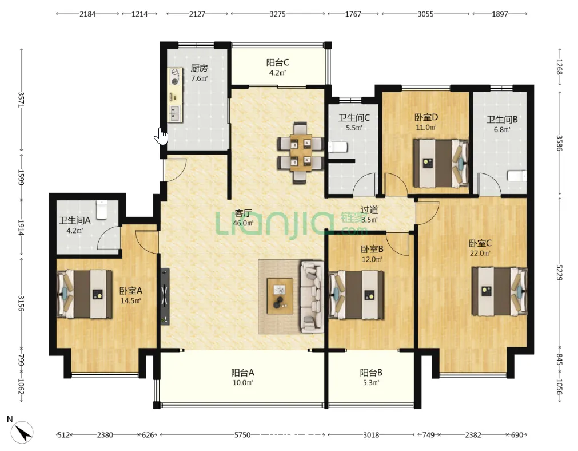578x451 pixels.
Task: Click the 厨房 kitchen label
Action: (x=199, y=68)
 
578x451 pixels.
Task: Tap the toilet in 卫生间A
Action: (x=101, y=209)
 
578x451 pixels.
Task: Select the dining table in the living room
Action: (x=301, y=153)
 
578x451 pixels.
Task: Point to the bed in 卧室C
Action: (x=500, y=291)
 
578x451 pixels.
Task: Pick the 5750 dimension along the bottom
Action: (x=242, y=435)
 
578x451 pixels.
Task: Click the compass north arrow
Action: (x=22, y=432)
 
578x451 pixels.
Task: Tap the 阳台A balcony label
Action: (x=242, y=373)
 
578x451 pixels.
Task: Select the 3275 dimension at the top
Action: (x=277, y=14)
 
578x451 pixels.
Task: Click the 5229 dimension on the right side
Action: (x=560, y=272)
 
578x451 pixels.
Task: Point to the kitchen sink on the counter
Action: (x=175, y=113)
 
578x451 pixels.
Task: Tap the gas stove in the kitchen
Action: (x=175, y=76)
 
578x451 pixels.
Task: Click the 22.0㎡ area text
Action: (x=480, y=254)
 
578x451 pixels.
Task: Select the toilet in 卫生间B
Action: (x=517, y=176)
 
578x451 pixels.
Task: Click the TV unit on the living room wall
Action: (x=165, y=296)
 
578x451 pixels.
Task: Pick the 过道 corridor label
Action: (x=369, y=210)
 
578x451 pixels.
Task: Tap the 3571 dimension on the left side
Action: (x=21, y=100)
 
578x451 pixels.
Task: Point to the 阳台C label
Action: (x=278, y=63)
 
